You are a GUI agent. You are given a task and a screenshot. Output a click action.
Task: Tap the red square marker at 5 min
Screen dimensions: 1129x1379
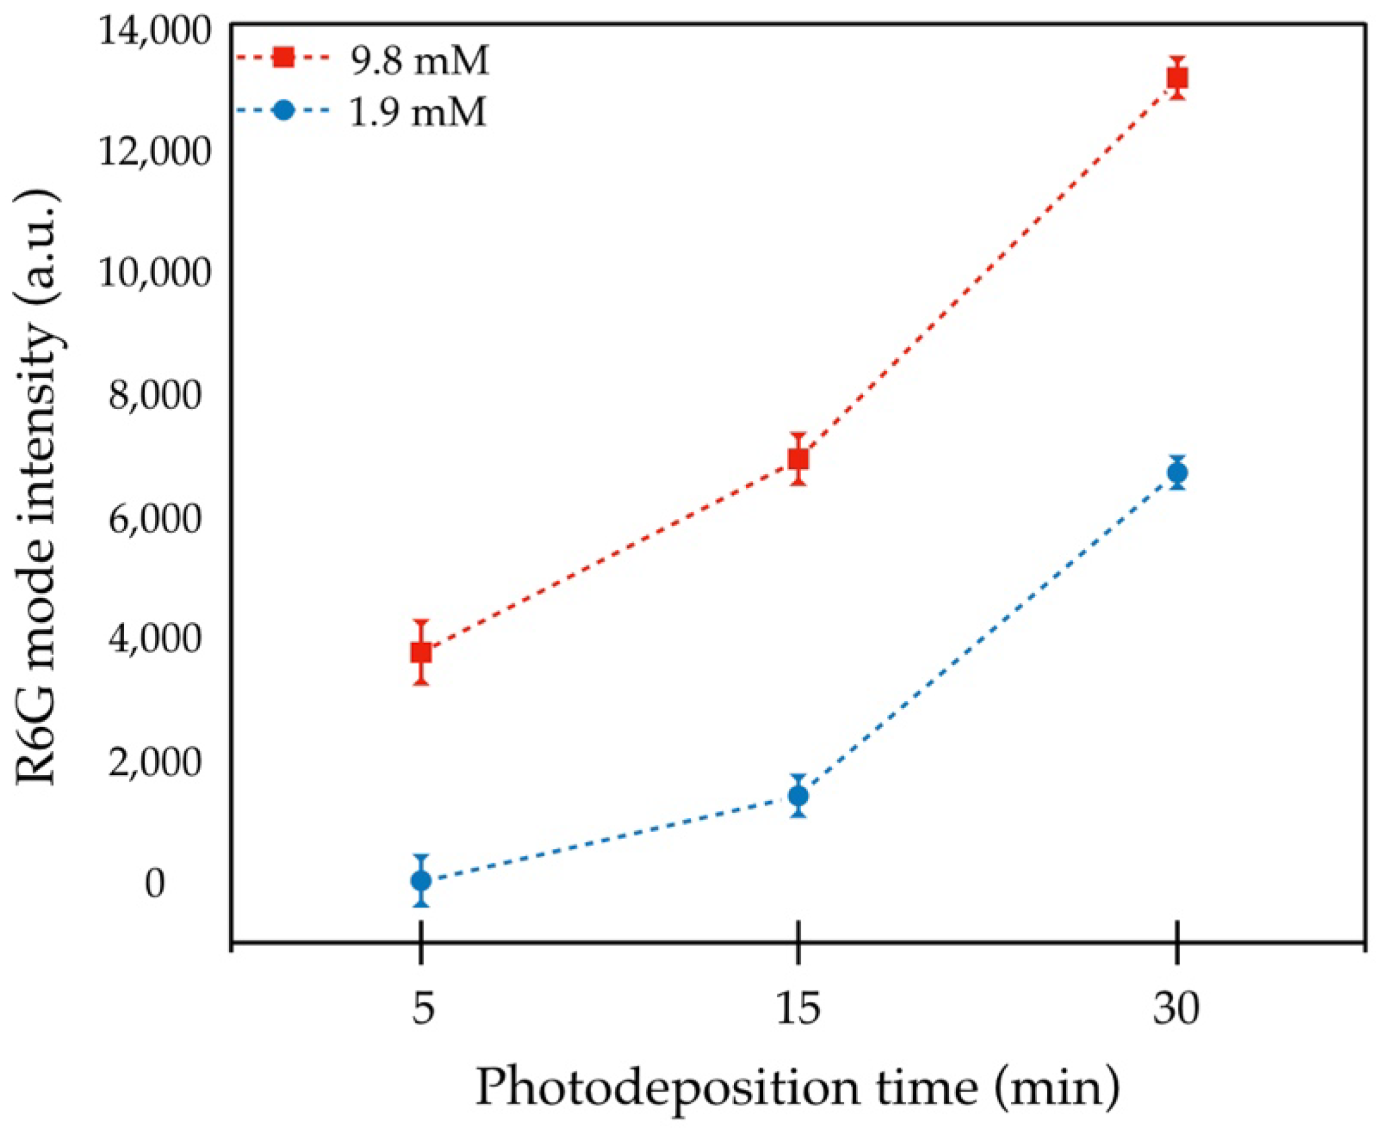click(422, 652)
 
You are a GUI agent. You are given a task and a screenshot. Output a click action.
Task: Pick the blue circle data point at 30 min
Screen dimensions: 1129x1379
click(1178, 473)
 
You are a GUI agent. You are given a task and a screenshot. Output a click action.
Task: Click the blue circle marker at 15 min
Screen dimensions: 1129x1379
click(799, 796)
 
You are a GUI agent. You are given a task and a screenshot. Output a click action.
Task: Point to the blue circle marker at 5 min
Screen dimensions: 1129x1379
click(422, 881)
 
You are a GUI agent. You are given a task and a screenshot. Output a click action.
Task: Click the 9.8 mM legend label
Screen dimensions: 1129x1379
click(420, 61)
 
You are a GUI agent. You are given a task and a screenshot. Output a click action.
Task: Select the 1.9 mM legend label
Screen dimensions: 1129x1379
click(418, 112)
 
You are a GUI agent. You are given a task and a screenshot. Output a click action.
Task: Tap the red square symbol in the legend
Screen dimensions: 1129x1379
click(284, 58)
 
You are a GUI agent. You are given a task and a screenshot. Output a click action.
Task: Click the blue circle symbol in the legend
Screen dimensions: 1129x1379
click(284, 110)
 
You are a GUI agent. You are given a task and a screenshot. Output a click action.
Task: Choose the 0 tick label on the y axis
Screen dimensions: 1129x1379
click(155, 885)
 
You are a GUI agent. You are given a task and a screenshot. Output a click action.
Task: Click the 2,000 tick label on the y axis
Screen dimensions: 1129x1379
click(155, 762)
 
